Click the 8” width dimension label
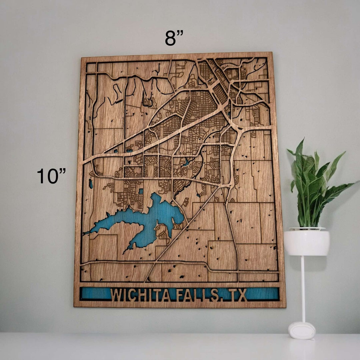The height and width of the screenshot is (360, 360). [174, 38]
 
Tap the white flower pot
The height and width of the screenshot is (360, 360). [306, 242]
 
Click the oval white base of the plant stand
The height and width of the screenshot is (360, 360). [302, 330]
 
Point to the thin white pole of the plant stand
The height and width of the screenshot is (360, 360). [303, 287]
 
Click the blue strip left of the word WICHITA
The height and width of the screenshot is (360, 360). [95, 294]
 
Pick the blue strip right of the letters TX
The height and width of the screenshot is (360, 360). [263, 294]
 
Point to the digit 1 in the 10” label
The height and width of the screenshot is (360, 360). [41, 176]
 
